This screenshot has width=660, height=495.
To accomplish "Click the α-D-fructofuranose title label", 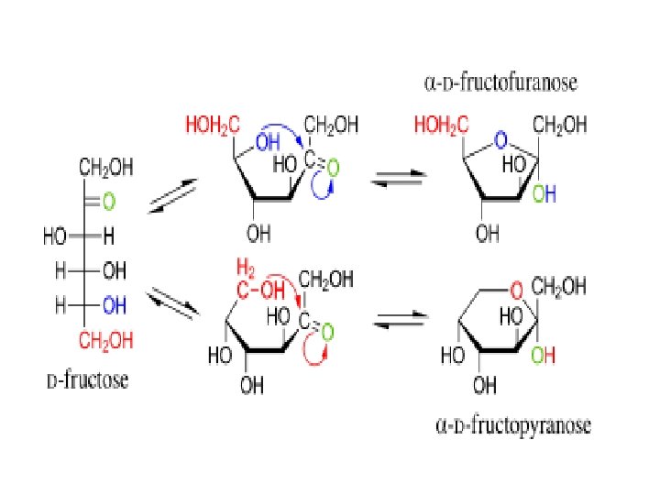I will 501,83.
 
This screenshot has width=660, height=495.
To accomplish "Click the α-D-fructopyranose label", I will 511,426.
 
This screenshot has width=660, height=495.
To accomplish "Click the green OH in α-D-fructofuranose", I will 544,194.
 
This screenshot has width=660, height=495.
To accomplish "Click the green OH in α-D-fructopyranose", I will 544,355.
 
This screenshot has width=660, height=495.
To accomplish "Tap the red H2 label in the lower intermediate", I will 245,268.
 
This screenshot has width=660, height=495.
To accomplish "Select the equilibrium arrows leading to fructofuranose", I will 395,182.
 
